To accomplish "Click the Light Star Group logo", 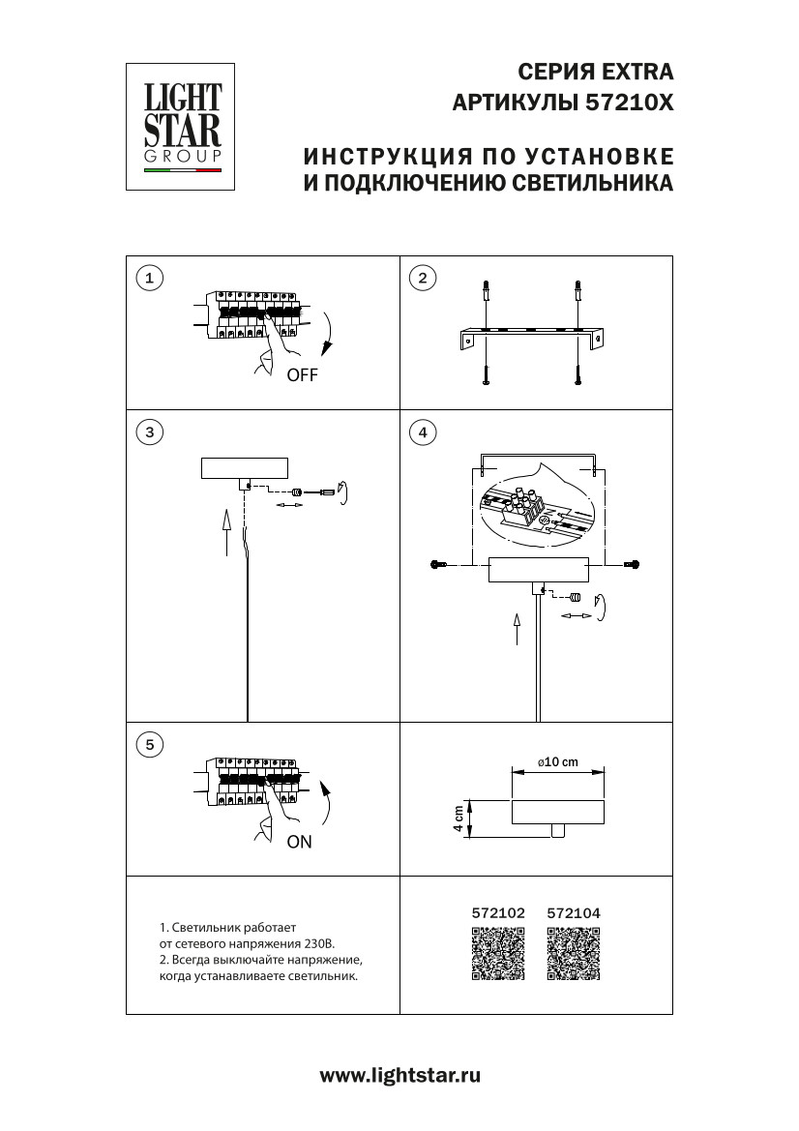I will [183, 126].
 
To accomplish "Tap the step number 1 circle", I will [148, 279].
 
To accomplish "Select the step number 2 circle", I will [422, 279].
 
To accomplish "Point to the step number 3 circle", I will [148, 432].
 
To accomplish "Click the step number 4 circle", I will [422, 432].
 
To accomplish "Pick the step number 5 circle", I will [148, 744].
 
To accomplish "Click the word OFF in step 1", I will [301, 376].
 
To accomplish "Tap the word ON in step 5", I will [299, 842].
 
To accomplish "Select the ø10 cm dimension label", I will [557, 762].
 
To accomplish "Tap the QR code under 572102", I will [498, 954].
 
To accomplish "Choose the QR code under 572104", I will [574, 954].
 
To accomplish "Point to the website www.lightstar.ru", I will [399, 1075].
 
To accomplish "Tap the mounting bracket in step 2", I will [531, 339].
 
